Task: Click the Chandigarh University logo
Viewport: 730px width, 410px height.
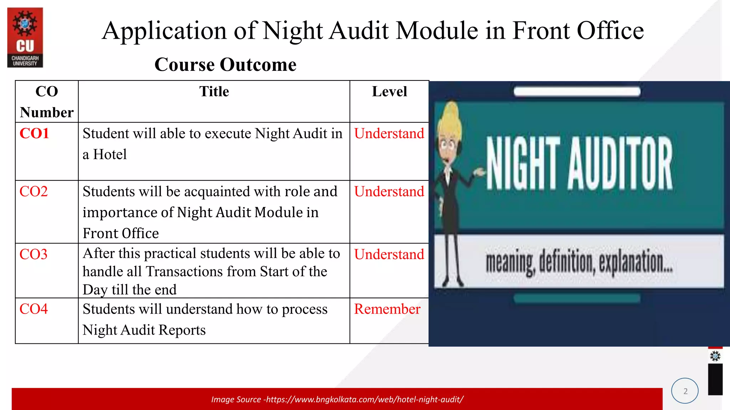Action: pyautogui.click(x=25, y=37)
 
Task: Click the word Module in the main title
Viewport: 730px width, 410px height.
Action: pyautogui.click(x=437, y=31)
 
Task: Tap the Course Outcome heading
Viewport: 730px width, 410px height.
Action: pyautogui.click(x=225, y=65)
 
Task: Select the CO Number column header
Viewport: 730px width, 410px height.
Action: pyautogui.click(x=47, y=102)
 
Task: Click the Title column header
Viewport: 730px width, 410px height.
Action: pyautogui.click(x=214, y=92)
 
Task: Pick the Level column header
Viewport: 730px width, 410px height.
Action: pyautogui.click(x=389, y=92)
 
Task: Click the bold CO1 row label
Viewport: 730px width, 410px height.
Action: pyautogui.click(x=34, y=134)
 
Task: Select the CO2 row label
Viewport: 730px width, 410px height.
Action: pyautogui.click(x=34, y=192)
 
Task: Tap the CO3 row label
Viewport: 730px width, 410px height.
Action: pyautogui.click(x=34, y=254)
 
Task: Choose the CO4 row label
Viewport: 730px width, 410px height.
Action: pyautogui.click(x=34, y=309)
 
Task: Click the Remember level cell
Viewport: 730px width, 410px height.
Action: pyautogui.click(x=387, y=309)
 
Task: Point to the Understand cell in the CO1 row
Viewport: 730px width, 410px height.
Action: pyautogui.click(x=389, y=134)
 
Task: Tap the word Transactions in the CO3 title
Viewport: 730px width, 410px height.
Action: pyautogui.click(x=185, y=272)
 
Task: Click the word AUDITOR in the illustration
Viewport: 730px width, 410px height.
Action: pyautogui.click(x=620, y=164)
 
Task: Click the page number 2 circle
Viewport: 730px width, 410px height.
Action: pyautogui.click(x=685, y=391)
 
